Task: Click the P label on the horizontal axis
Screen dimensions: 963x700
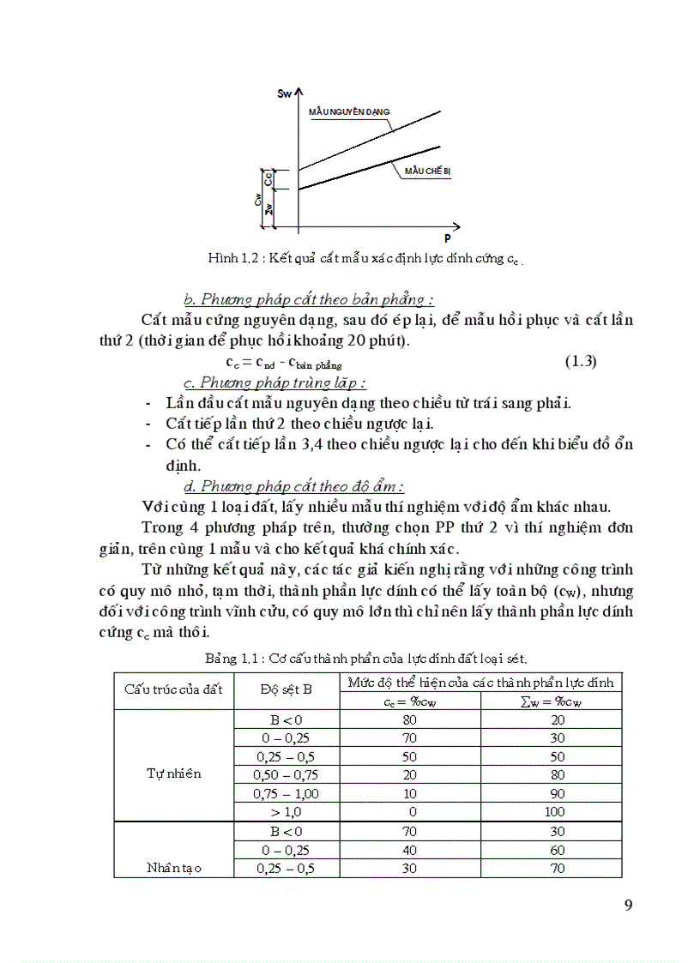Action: pyautogui.click(x=447, y=238)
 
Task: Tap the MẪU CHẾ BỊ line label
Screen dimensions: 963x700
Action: pyautogui.click(x=427, y=172)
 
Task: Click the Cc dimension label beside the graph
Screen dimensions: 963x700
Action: pyautogui.click(x=269, y=179)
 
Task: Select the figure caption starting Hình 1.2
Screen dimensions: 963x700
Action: pyautogui.click(x=365, y=258)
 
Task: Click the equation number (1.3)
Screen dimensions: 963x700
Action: pyautogui.click(x=580, y=361)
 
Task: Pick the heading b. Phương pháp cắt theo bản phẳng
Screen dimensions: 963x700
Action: pyautogui.click(x=309, y=299)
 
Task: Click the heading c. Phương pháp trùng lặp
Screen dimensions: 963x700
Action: pyautogui.click(x=275, y=382)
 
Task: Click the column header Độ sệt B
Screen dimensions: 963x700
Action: pyautogui.click(x=287, y=689)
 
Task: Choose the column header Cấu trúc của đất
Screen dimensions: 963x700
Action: pyautogui.click(x=173, y=689)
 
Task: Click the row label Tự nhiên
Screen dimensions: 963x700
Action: pyautogui.click(x=174, y=773)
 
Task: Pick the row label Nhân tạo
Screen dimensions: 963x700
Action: pyautogui.click(x=174, y=868)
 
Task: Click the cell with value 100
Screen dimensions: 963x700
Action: pyautogui.click(x=554, y=811)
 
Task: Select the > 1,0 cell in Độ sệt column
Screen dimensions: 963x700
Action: pyautogui.click(x=287, y=811)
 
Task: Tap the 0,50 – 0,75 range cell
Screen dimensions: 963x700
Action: pyautogui.click(x=287, y=773)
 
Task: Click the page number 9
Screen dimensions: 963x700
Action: pyautogui.click(x=628, y=906)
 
